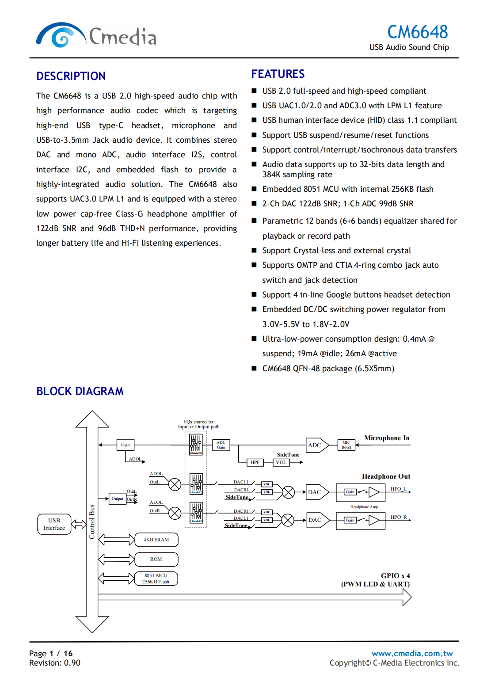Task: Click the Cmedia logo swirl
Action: (61, 35)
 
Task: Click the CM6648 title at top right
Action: (417, 32)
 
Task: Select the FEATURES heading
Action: (278, 74)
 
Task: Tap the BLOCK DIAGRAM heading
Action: (80, 391)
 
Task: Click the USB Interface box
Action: (54, 524)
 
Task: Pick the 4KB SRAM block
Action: (156, 540)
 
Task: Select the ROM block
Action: (156, 559)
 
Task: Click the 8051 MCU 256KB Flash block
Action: (156, 579)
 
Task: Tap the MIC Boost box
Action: (346, 445)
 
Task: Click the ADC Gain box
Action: (221, 445)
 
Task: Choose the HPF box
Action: (255, 462)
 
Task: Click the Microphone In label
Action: (387, 438)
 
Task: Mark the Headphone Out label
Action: (386, 476)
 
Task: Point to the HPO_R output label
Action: (399, 517)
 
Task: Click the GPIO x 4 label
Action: (395, 576)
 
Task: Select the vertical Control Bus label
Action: (92, 522)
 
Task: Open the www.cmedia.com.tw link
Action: (412, 653)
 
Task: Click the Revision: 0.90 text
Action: (55, 663)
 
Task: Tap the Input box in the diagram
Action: (126, 445)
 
